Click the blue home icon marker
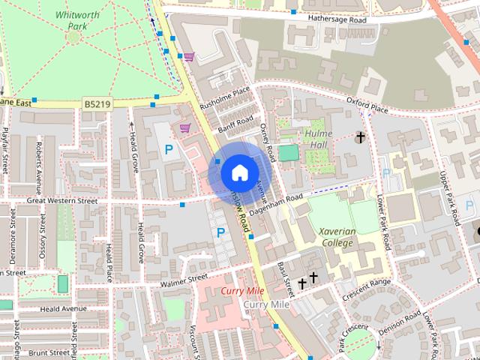point(238,172)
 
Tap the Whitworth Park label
point(72,20)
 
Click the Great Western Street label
point(63,201)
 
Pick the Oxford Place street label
point(367,104)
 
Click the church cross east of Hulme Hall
point(360,138)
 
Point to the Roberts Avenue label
point(37,160)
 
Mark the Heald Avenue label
point(64,309)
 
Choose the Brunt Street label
point(50,352)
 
